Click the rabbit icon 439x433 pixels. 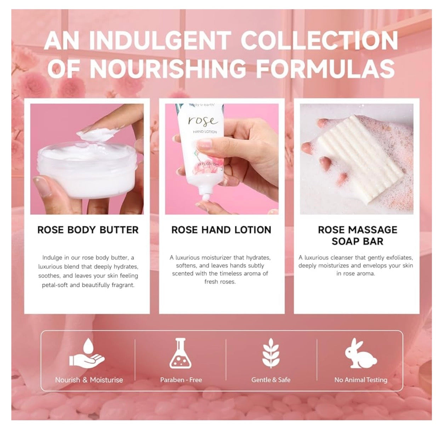click(360, 354)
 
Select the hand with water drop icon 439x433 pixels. click(87, 354)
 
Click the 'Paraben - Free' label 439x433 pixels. click(181, 380)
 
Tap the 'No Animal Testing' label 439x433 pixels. click(361, 380)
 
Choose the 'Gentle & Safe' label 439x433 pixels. click(271, 380)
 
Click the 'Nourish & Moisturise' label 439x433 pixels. click(89, 380)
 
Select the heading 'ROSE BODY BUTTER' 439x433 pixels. click(88, 230)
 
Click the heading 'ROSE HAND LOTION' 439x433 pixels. click(221, 230)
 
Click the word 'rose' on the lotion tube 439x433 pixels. click(203, 121)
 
